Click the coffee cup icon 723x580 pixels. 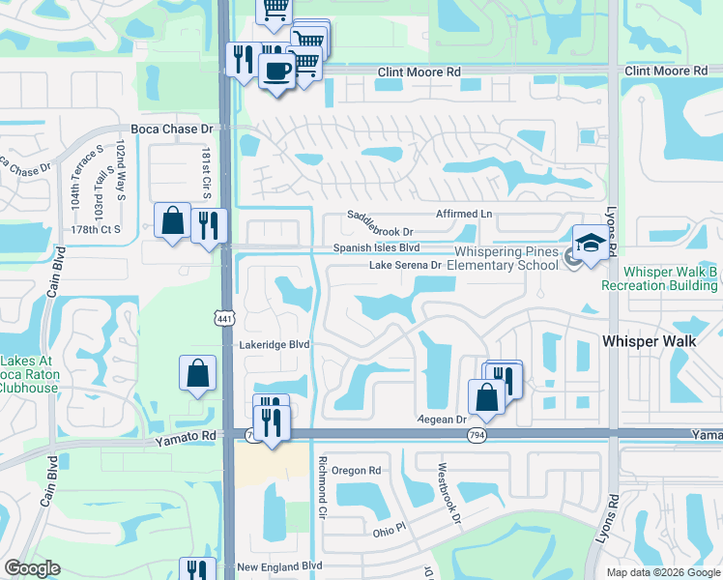[x=277, y=71]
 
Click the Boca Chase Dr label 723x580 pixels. [x=171, y=129]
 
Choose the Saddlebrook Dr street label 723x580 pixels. [x=381, y=232]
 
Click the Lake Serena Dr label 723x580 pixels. [x=405, y=265]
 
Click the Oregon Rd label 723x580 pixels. [x=357, y=471]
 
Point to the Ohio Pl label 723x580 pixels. [x=392, y=531]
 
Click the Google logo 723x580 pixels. [x=33, y=568]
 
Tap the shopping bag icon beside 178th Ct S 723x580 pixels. [x=172, y=220]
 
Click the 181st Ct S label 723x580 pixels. [x=206, y=174]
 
